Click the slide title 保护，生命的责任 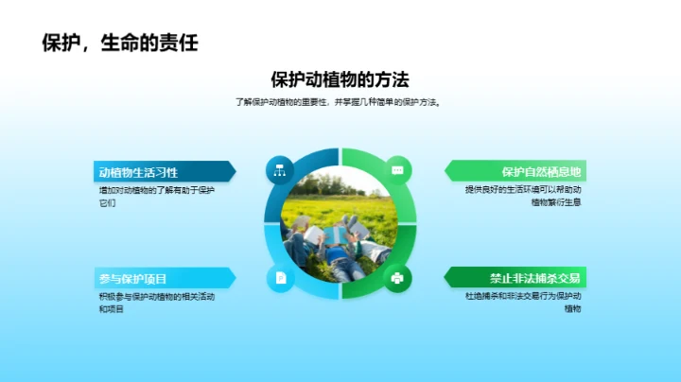click(x=119, y=43)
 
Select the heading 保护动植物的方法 click(x=340, y=80)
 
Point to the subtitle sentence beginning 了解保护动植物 click(x=340, y=102)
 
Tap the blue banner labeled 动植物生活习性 click(x=161, y=172)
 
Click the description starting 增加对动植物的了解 click(x=157, y=197)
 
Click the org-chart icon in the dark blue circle click(x=280, y=170)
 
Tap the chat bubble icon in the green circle click(x=397, y=170)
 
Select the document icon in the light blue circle click(x=280, y=277)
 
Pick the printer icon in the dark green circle click(x=397, y=277)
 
